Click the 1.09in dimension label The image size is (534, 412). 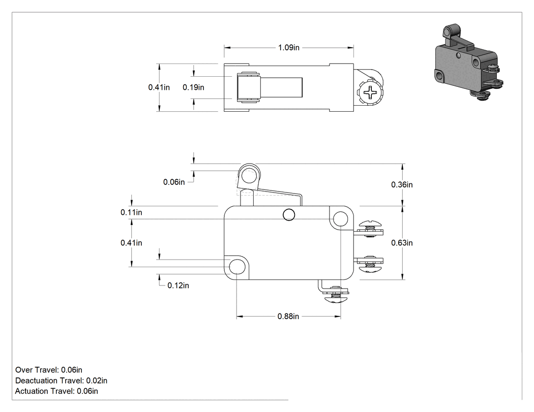click(x=288, y=48)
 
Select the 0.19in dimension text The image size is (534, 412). click(x=193, y=87)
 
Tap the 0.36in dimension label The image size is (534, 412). click(x=402, y=185)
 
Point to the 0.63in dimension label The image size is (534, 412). click(x=402, y=243)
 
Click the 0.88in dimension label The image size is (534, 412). click(x=288, y=316)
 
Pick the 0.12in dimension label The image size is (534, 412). click(x=178, y=286)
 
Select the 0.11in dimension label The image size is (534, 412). click(x=131, y=212)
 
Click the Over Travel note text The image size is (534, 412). click(x=49, y=370)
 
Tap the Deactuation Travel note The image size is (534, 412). click(x=62, y=381)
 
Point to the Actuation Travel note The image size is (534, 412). click(x=56, y=391)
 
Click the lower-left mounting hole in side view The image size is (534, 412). click(x=237, y=267)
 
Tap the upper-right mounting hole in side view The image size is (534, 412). click(x=340, y=219)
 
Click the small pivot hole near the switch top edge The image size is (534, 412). click(x=289, y=215)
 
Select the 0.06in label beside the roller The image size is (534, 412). click(x=174, y=182)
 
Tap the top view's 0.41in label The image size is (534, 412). click(x=159, y=87)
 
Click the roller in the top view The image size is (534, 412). click(x=248, y=87)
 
